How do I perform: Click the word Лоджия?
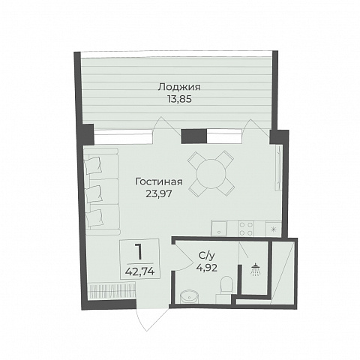tap(179, 87)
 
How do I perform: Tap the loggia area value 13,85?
tap(179, 99)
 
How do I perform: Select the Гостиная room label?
tap(159, 181)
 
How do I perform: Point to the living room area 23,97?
tap(159, 193)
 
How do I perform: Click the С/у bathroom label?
tap(207, 256)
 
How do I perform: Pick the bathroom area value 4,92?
tap(207, 268)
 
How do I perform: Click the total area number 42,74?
tap(139, 271)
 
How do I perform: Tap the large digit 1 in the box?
tap(138, 252)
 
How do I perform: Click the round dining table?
tap(211, 173)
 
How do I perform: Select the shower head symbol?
tap(254, 269)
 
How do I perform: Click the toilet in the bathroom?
tap(227, 284)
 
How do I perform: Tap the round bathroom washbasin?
tap(189, 297)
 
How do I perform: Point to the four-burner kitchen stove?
tap(246, 229)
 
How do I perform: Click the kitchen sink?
tap(219, 229)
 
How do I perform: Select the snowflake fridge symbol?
tap(274, 229)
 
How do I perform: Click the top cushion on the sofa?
tap(93, 165)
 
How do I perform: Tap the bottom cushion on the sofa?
tap(94, 218)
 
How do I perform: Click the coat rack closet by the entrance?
tap(112, 290)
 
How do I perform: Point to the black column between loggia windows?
tap(194, 136)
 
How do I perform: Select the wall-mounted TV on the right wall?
tap(279, 169)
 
